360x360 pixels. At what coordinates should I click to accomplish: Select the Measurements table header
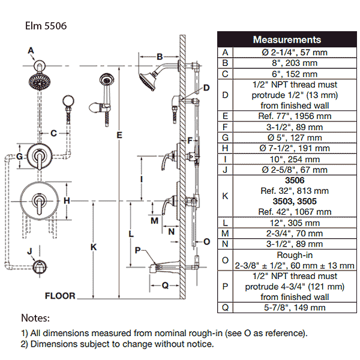tap(286, 40)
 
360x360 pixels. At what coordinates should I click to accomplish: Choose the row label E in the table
tap(225, 115)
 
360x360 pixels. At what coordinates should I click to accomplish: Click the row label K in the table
tap(225, 195)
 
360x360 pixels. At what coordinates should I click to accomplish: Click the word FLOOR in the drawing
tap(60, 296)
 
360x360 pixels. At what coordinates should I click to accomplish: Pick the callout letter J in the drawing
tap(29, 250)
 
